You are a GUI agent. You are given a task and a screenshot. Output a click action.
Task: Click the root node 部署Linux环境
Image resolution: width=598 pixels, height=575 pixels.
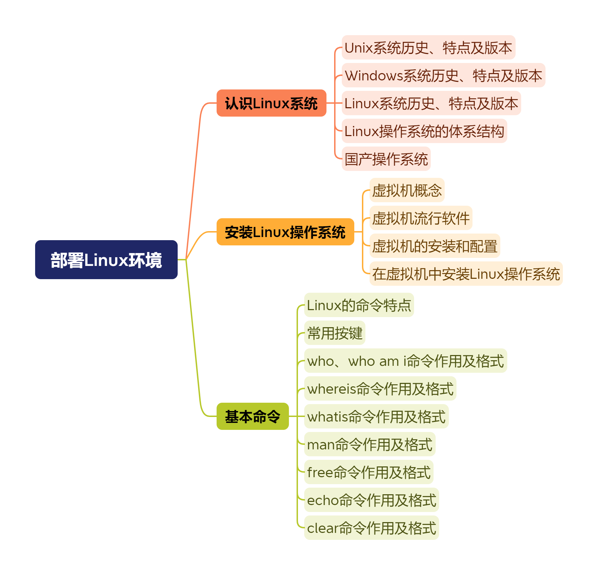(x=106, y=260)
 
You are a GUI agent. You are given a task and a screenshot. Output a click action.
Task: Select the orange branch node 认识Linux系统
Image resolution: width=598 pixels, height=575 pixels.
(x=271, y=103)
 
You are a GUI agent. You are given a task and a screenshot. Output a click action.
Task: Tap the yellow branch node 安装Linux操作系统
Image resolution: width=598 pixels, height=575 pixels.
(x=285, y=232)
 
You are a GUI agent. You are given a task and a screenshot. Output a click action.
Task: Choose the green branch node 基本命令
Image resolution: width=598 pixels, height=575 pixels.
(x=252, y=416)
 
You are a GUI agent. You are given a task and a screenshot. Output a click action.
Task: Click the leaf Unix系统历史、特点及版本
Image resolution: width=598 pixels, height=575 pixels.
(x=428, y=48)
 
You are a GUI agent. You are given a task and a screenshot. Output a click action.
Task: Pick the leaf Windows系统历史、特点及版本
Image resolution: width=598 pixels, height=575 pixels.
(x=443, y=76)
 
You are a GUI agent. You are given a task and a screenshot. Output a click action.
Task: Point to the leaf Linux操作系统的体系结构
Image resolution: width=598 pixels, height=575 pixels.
(x=424, y=131)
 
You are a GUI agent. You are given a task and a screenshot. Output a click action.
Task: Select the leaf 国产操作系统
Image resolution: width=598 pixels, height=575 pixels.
(x=386, y=159)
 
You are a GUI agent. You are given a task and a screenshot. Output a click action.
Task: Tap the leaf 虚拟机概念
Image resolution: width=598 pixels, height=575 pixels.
(x=407, y=190)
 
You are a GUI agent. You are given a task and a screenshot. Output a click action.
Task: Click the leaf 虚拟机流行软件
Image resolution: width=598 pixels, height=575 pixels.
(x=421, y=218)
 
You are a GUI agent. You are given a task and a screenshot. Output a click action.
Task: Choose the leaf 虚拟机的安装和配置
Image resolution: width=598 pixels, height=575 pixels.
(x=435, y=246)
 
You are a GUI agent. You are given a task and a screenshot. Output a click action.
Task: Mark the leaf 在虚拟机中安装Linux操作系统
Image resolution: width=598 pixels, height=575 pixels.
(x=466, y=274)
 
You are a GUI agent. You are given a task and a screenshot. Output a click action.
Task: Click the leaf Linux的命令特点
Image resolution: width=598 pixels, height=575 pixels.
(x=359, y=305)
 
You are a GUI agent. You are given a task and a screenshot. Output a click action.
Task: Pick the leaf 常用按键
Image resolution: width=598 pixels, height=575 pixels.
(x=334, y=333)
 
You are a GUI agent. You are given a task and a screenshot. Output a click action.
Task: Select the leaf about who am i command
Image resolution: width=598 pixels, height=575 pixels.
(x=405, y=361)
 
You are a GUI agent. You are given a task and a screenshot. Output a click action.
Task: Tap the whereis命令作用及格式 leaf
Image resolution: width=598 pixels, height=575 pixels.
(x=380, y=389)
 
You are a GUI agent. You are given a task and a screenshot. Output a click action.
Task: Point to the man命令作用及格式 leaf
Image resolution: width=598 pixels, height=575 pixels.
(x=370, y=444)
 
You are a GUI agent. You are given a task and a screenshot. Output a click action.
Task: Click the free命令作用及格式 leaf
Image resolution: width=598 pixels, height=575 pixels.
(x=369, y=472)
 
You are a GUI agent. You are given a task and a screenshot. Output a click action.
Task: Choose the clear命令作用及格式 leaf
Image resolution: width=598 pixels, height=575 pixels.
(x=371, y=528)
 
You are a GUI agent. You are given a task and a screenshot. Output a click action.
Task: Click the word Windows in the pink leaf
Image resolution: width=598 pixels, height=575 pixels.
(x=374, y=76)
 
